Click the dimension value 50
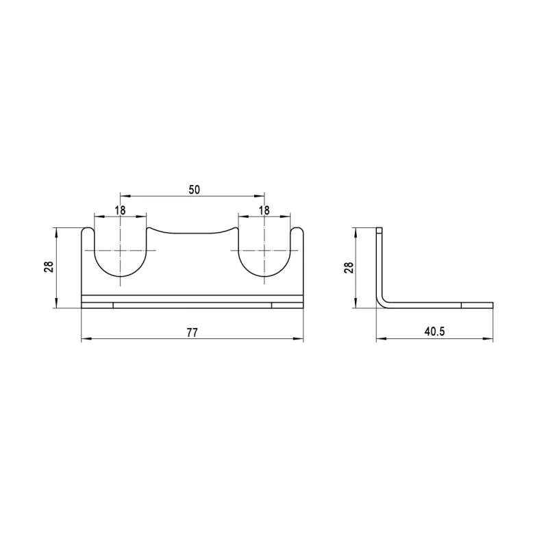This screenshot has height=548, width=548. (195, 190)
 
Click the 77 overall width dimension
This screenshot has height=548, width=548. (192, 332)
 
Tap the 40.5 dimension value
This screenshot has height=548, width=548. (435, 332)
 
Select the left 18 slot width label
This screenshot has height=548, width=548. (120, 210)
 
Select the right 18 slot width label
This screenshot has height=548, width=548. (264, 210)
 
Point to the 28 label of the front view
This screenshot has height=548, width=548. (49, 267)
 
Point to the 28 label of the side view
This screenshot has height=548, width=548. (349, 267)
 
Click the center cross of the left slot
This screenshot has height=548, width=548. (121, 251)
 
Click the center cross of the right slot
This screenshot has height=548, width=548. (264, 251)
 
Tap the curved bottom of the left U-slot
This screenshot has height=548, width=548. (121, 277)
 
